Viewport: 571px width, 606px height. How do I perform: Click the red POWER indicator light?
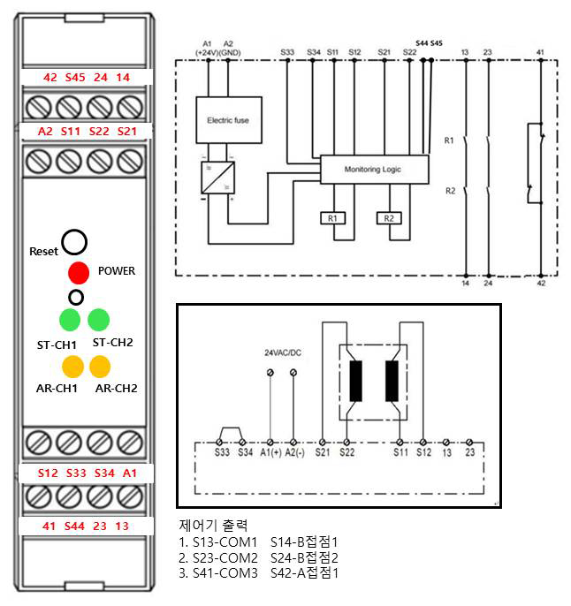[x=80, y=272]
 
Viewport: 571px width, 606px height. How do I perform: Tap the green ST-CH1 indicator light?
[x=70, y=319]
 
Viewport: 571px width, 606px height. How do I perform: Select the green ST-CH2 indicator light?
[x=98, y=319]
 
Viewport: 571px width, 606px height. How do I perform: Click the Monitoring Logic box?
[x=374, y=168]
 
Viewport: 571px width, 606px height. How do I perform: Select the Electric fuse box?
[x=228, y=119]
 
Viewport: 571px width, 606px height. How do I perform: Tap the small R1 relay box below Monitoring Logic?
[x=331, y=217]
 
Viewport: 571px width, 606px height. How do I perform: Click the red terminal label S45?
[x=75, y=78]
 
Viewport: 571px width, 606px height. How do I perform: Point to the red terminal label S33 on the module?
[x=75, y=473]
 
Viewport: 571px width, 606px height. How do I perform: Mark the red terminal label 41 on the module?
[x=49, y=526]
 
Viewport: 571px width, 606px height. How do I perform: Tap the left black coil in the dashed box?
[x=357, y=381]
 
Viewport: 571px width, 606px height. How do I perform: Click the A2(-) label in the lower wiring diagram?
[x=295, y=453]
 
